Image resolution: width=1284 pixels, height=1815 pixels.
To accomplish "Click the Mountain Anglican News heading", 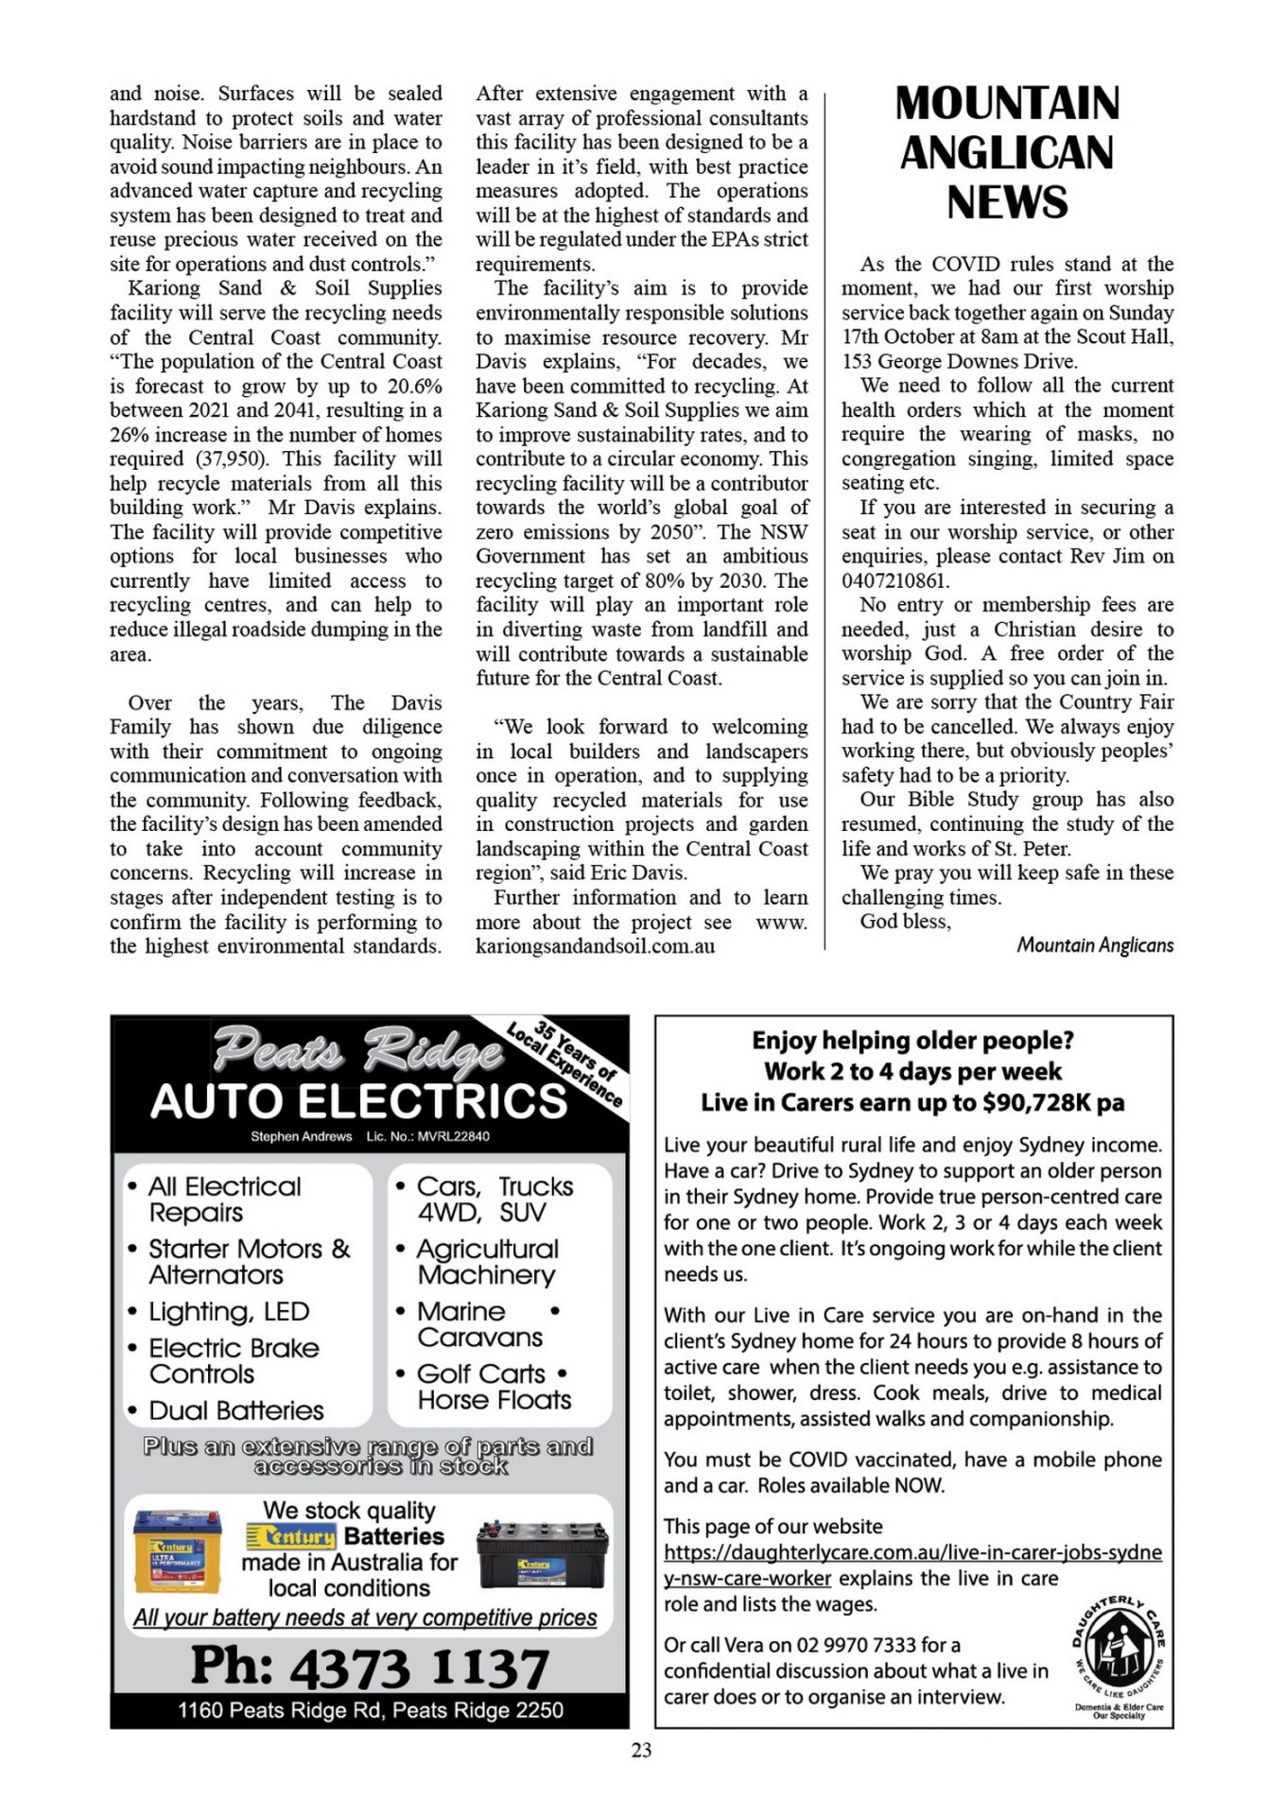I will click(1007, 153).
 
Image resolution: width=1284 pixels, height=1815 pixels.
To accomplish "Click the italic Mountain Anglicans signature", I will click(1095, 945).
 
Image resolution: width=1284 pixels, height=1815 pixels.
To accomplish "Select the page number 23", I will click(641, 1751).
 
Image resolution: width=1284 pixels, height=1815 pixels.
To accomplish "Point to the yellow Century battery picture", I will click(178, 1551).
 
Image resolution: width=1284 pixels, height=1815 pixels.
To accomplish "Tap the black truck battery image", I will click(542, 1554).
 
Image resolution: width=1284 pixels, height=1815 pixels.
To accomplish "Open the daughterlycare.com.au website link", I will click(912, 1552).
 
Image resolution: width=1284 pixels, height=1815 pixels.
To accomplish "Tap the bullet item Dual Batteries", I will click(235, 1410).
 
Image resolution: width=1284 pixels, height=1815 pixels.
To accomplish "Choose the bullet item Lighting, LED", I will click(229, 1311).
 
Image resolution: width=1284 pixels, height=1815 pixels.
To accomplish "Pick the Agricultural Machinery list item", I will click(487, 1262).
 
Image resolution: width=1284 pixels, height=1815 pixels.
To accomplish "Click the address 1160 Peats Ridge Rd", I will click(370, 1710).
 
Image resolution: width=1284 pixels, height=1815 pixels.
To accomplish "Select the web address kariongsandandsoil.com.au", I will click(595, 946).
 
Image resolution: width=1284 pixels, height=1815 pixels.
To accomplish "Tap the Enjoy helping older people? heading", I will click(912, 1041).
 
